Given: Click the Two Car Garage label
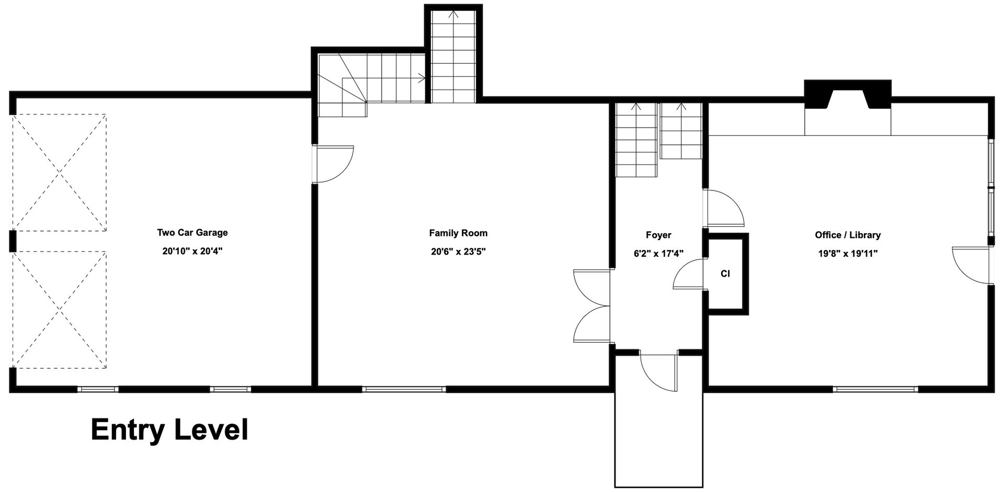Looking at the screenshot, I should pos(192,233).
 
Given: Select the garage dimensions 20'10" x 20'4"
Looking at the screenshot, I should pos(192,251).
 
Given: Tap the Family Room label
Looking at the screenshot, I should pos(458,233).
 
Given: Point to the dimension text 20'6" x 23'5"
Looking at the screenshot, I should pos(458,251).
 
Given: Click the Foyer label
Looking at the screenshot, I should pos(658,235).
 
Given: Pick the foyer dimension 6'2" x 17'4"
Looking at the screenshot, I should pos(658,254).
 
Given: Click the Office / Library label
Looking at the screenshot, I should pos(848,235).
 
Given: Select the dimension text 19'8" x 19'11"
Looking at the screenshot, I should pos(848,254).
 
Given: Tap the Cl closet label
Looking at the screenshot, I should pos(725,273).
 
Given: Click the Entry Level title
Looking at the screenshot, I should pos(169,430).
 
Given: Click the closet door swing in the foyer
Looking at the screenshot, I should pos(689,274).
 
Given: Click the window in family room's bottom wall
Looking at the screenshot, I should pos(404,389).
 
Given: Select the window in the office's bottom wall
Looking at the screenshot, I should pos(875,389).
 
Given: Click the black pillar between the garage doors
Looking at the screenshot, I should pos(13,241).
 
